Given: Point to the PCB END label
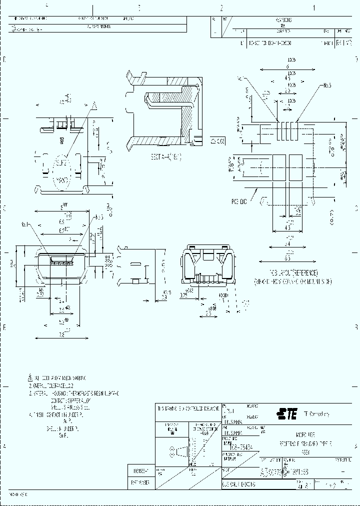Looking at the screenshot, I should click(x=239, y=202).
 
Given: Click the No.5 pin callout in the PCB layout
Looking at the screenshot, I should click(x=327, y=85).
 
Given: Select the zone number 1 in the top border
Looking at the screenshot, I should click(x=314, y=8).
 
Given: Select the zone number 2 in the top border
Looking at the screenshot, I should click(x=221, y=8).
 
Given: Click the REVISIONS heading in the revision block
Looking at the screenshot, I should click(x=283, y=20).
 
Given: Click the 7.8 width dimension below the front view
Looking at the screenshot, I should click(x=61, y=334).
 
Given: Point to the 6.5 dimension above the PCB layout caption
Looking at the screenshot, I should click(x=287, y=258).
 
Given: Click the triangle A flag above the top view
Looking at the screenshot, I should click(x=93, y=104).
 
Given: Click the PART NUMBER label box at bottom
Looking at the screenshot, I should click(x=139, y=482).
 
